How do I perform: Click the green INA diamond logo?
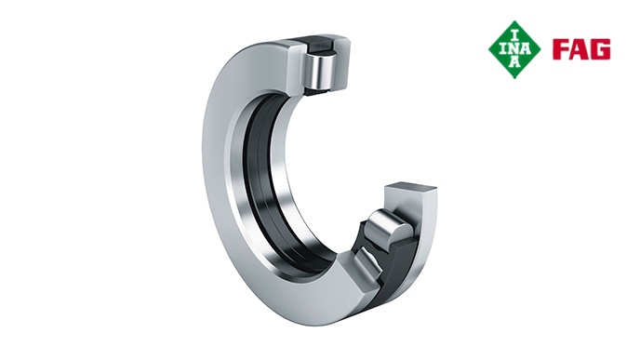point(514,49)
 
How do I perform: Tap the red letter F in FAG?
point(561,49)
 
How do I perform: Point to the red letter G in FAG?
point(601,49)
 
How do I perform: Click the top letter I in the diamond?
point(514,35)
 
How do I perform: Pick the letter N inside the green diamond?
point(514,49)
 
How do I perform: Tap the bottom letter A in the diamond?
point(515,62)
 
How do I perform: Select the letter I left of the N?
point(503,49)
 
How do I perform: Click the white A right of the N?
point(527,49)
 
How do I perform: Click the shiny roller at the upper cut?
point(321,70)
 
